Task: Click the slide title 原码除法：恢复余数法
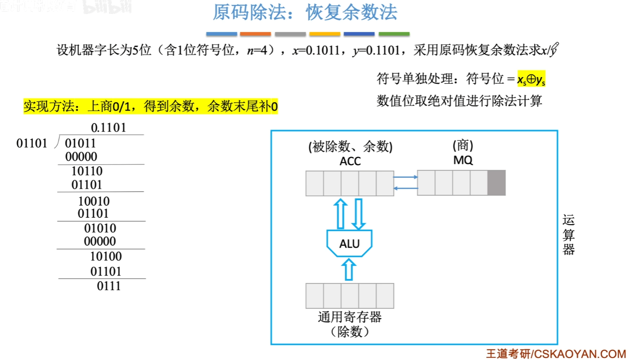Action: (x=305, y=13)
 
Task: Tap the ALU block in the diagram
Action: (x=350, y=244)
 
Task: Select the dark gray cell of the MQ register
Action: (x=496, y=183)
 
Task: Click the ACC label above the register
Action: (x=350, y=161)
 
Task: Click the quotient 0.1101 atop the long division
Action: (x=108, y=128)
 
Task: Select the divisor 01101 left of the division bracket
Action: (x=32, y=144)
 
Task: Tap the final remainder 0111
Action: (x=109, y=286)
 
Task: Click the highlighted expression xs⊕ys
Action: (x=531, y=80)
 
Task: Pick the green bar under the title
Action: (x=394, y=34)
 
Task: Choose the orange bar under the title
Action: (x=256, y=34)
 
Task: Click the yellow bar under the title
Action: (x=324, y=34)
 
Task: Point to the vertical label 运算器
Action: (x=568, y=235)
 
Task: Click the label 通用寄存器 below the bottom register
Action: (x=350, y=317)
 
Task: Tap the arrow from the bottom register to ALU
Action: (x=348, y=270)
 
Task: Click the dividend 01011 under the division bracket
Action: (x=81, y=144)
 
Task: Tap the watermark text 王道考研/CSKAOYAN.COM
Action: (x=556, y=354)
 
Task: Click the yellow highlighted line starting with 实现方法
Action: (x=151, y=107)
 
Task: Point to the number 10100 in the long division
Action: (x=106, y=256)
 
